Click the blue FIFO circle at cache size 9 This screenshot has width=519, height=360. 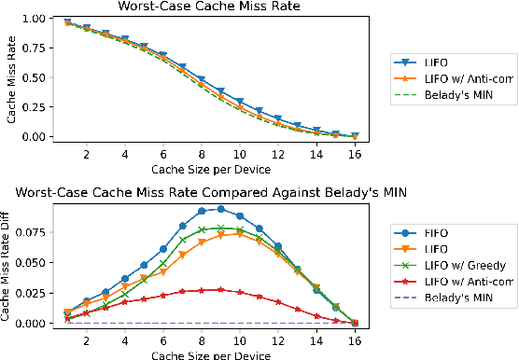click(220, 209)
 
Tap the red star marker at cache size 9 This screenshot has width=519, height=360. click(220, 289)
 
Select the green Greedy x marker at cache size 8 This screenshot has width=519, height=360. click(201, 228)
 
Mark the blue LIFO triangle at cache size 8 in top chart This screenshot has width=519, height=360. click(201, 80)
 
